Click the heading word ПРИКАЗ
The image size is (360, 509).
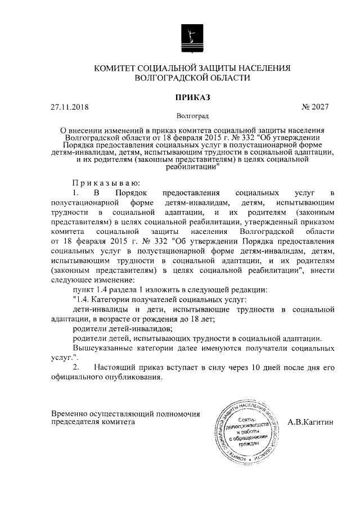(x=192, y=97)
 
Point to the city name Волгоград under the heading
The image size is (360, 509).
(x=192, y=116)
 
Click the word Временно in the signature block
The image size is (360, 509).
(x=70, y=413)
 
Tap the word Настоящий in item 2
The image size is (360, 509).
(x=114, y=368)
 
